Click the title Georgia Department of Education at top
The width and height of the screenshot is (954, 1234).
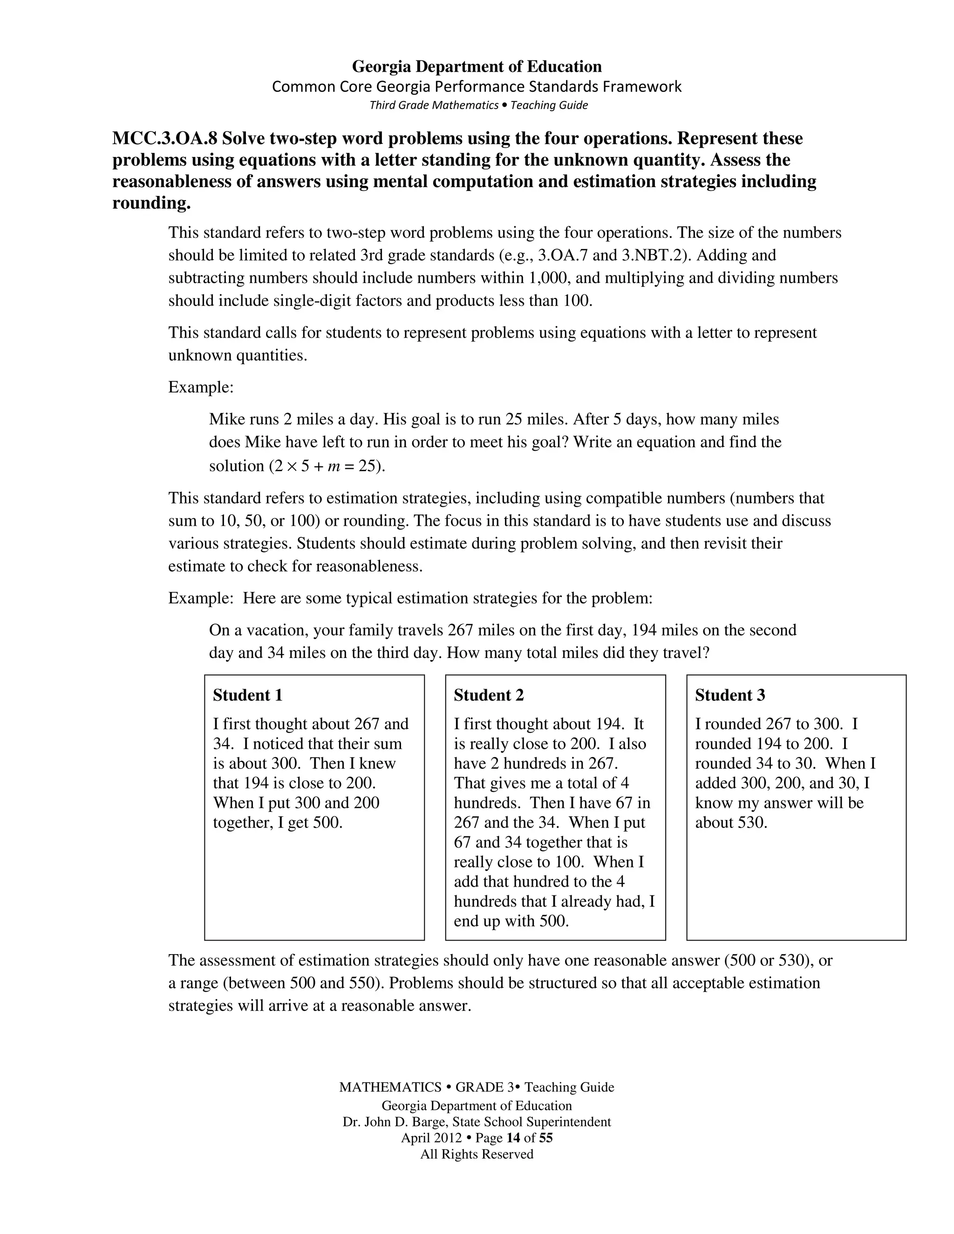(x=477, y=67)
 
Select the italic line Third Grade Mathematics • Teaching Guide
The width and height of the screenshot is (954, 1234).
(x=478, y=105)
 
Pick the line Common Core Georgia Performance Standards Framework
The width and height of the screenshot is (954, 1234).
(x=477, y=87)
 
